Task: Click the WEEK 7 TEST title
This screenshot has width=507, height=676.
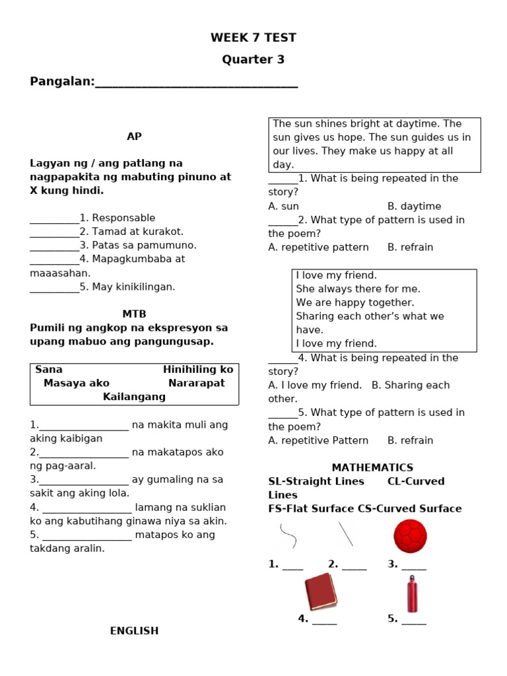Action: point(253,38)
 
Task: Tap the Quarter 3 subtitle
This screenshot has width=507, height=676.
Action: point(253,59)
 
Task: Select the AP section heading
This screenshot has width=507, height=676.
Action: point(134,136)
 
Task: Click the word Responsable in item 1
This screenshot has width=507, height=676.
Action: point(123,218)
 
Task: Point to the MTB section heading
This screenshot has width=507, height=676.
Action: point(134,314)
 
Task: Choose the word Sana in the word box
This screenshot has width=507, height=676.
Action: point(49,370)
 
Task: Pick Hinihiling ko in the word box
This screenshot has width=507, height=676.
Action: point(198,370)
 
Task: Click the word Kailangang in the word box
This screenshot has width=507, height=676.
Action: point(134,397)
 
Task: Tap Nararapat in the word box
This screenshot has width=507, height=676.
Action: point(196,383)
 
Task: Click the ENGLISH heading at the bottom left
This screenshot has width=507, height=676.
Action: point(134,630)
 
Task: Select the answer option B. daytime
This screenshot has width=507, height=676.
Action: point(414,206)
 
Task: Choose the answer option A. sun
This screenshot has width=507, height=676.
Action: point(284,206)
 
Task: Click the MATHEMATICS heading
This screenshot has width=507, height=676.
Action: point(372,467)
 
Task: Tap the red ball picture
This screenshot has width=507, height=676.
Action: point(410,535)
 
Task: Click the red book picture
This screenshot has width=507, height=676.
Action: point(320,591)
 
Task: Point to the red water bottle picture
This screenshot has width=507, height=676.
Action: point(412,593)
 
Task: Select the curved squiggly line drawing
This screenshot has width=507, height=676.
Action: point(288,535)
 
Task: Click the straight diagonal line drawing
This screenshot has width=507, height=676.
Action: point(346,534)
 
